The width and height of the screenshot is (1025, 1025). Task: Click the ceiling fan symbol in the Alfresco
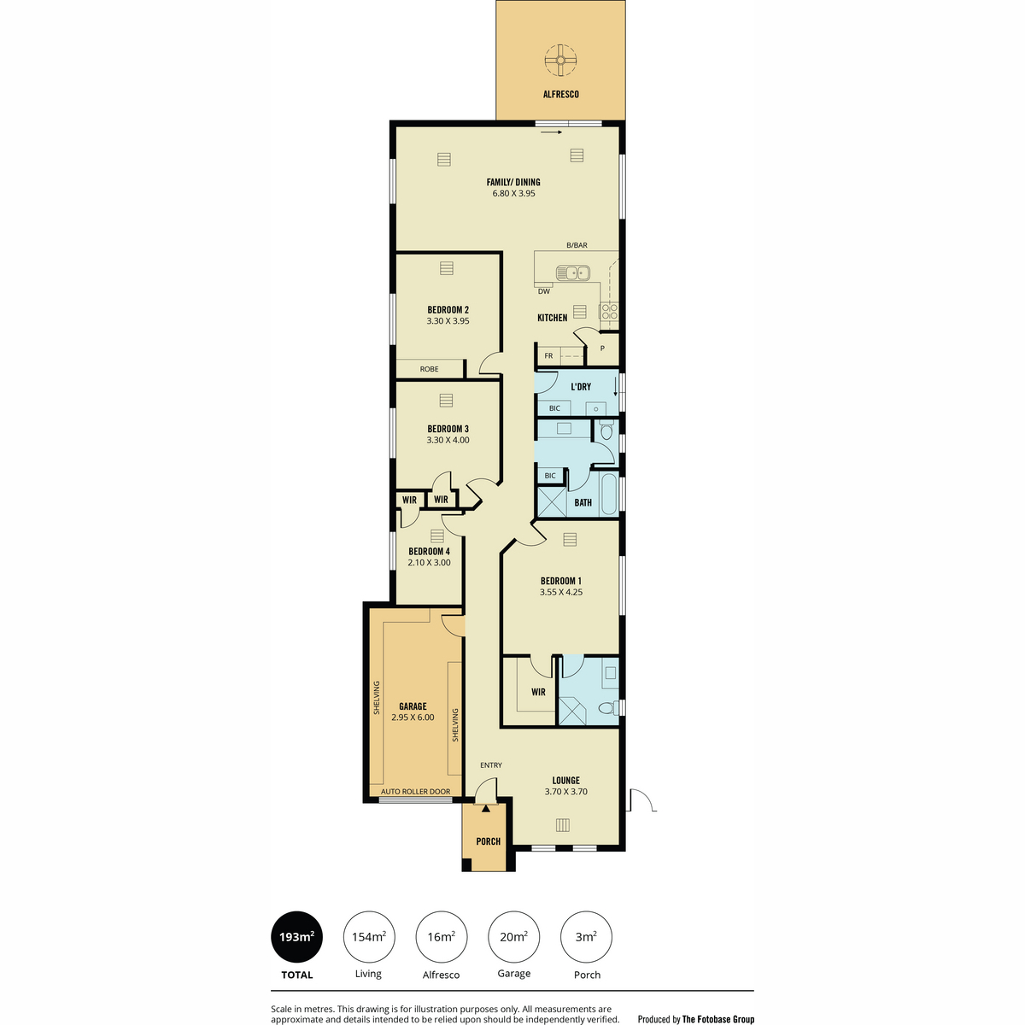tap(560, 60)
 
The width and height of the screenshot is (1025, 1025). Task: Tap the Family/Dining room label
tap(513, 182)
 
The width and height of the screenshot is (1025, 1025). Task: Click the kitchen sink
tap(573, 272)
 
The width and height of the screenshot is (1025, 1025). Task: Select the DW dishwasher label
tap(543, 291)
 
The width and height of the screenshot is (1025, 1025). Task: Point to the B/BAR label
tap(577, 245)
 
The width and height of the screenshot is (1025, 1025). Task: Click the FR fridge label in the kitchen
tap(548, 356)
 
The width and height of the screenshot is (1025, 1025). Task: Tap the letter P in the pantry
tap(603, 348)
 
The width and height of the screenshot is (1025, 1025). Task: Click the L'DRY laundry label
tap(580, 387)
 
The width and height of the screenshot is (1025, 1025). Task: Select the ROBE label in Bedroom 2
tap(430, 369)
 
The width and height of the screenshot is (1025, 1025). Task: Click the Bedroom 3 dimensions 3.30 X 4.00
tap(448, 440)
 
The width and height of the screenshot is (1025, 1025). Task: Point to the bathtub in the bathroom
tap(609, 495)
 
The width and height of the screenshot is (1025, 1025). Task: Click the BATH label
tap(583, 502)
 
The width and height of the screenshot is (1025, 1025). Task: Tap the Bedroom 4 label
tap(430, 551)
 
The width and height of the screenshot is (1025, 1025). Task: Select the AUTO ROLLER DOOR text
tap(415, 792)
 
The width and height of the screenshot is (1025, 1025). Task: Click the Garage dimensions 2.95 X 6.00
tap(413, 717)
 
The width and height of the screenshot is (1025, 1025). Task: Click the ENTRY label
tap(491, 764)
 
